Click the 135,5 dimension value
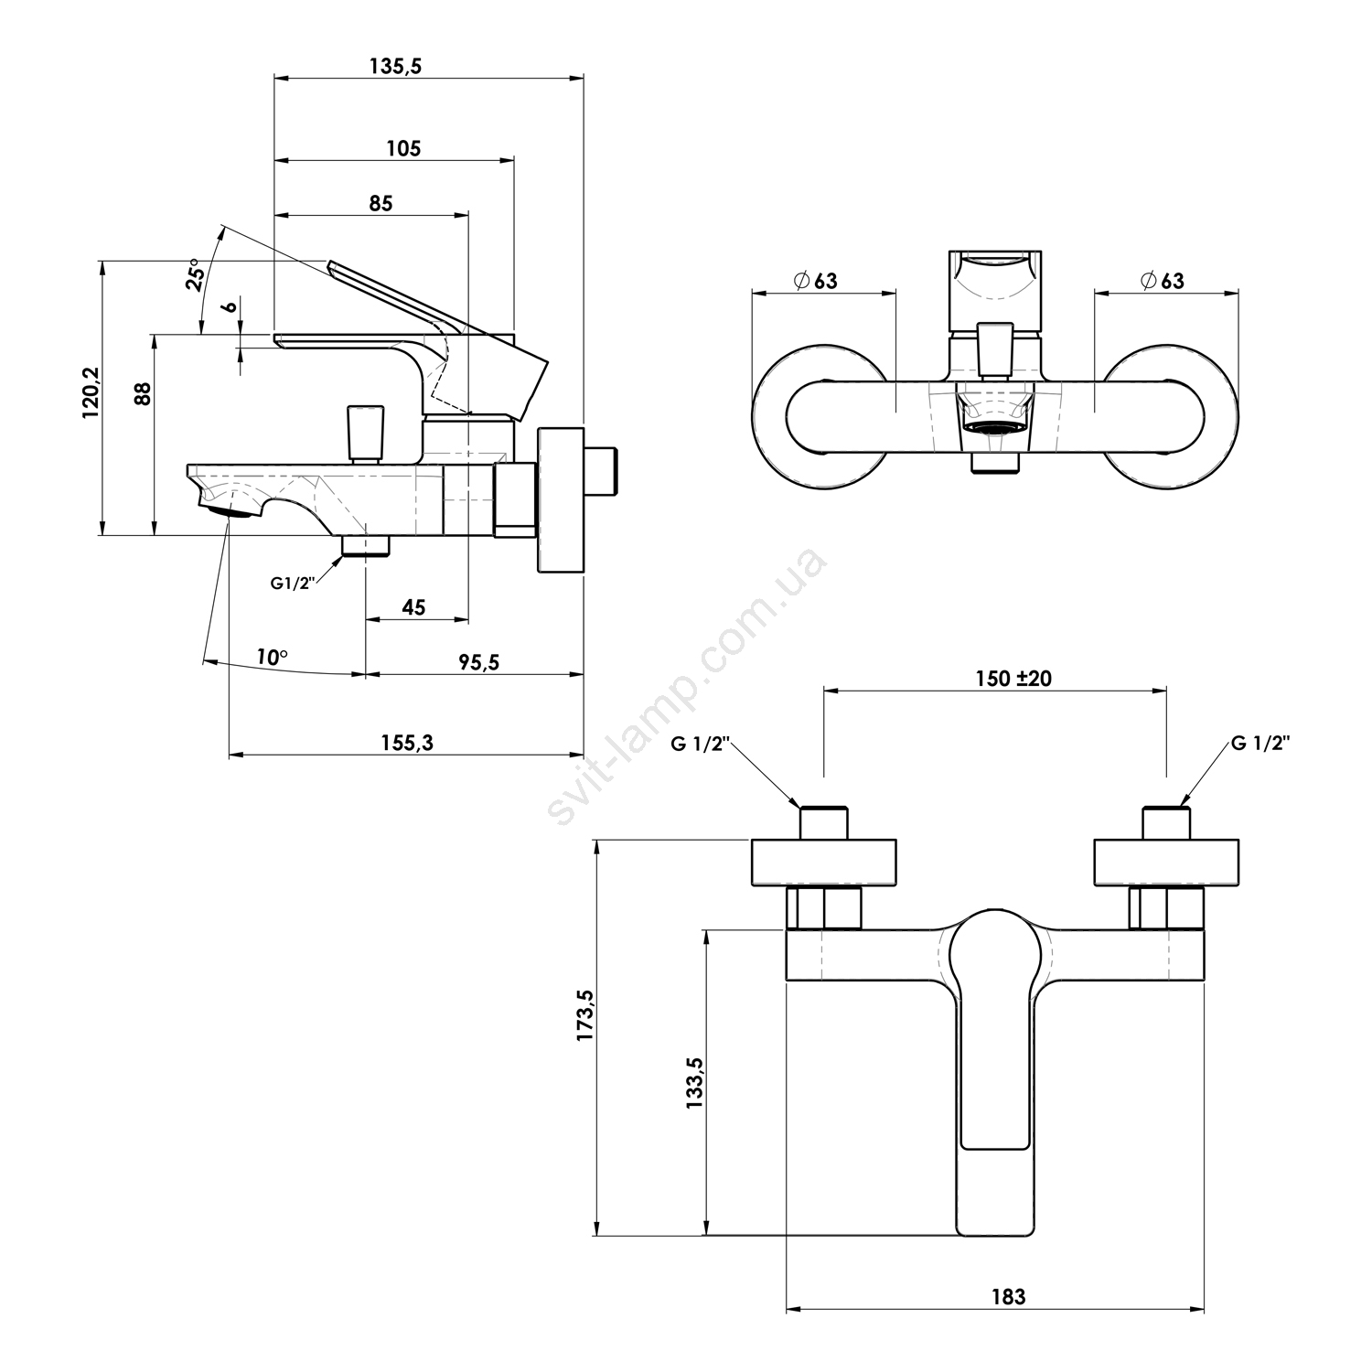[x=395, y=66]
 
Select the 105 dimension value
[x=403, y=148]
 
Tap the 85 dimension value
[x=381, y=203]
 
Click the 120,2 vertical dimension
[x=90, y=394]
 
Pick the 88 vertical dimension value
[x=143, y=393]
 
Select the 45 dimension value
[x=413, y=607]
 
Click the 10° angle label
[x=271, y=657]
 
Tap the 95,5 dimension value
[x=479, y=662]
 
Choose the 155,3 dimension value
[x=406, y=743]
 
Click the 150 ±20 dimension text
[x=1013, y=679]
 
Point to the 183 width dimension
[x=1008, y=1296]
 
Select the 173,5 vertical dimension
[x=585, y=1015]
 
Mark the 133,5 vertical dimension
[x=694, y=1083]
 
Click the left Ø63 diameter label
[x=816, y=281]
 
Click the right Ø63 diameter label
[x=1162, y=281]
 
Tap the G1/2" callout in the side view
[x=293, y=583]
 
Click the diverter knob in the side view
[x=364, y=434]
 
